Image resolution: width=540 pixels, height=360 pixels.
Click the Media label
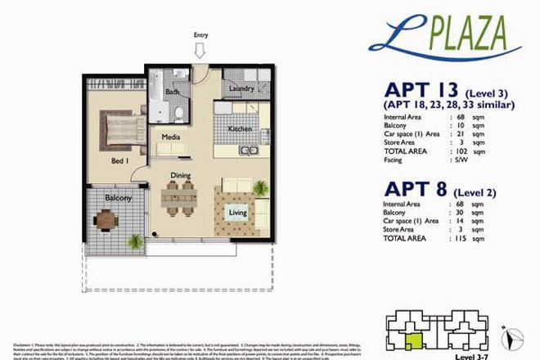tap(170, 137)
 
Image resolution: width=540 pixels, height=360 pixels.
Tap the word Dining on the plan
tap(180, 175)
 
